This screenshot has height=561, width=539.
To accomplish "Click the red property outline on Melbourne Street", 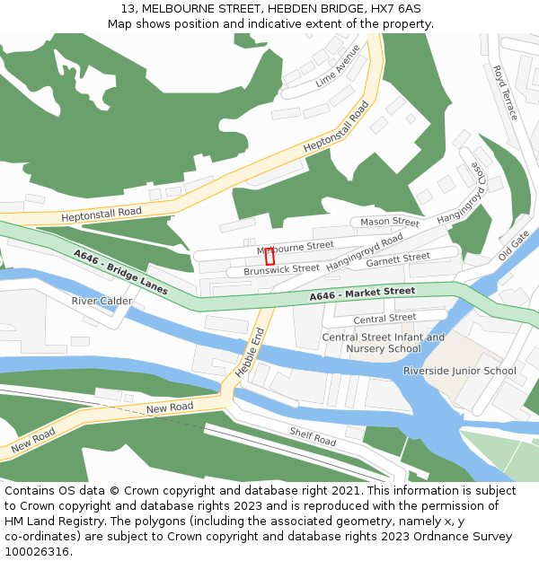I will pyautogui.click(x=269, y=256).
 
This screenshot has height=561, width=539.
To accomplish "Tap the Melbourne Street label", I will pyautogui.click(x=296, y=246).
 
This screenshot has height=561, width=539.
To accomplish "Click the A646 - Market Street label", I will pyautogui.click(x=362, y=293).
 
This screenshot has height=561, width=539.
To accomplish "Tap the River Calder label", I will pyautogui.click(x=102, y=301).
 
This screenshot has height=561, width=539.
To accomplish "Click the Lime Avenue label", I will pyautogui.click(x=338, y=66).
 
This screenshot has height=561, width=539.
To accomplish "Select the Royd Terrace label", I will pyautogui.click(x=505, y=92).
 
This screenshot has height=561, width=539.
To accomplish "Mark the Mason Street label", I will pyautogui.click(x=390, y=222).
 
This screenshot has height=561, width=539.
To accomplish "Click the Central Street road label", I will pyautogui.click(x=384, y=318).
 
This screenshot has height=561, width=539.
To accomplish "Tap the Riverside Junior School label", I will pyautogui.click(x=460, y=371).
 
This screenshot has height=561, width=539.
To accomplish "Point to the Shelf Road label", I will pyautogui.click(x=313, y=436).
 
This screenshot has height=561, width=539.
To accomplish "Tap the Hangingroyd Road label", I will pyautogui.click(x=365, y=252).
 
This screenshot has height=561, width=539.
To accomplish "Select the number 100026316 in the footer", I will pyautogui.click(x=39, y=551).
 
